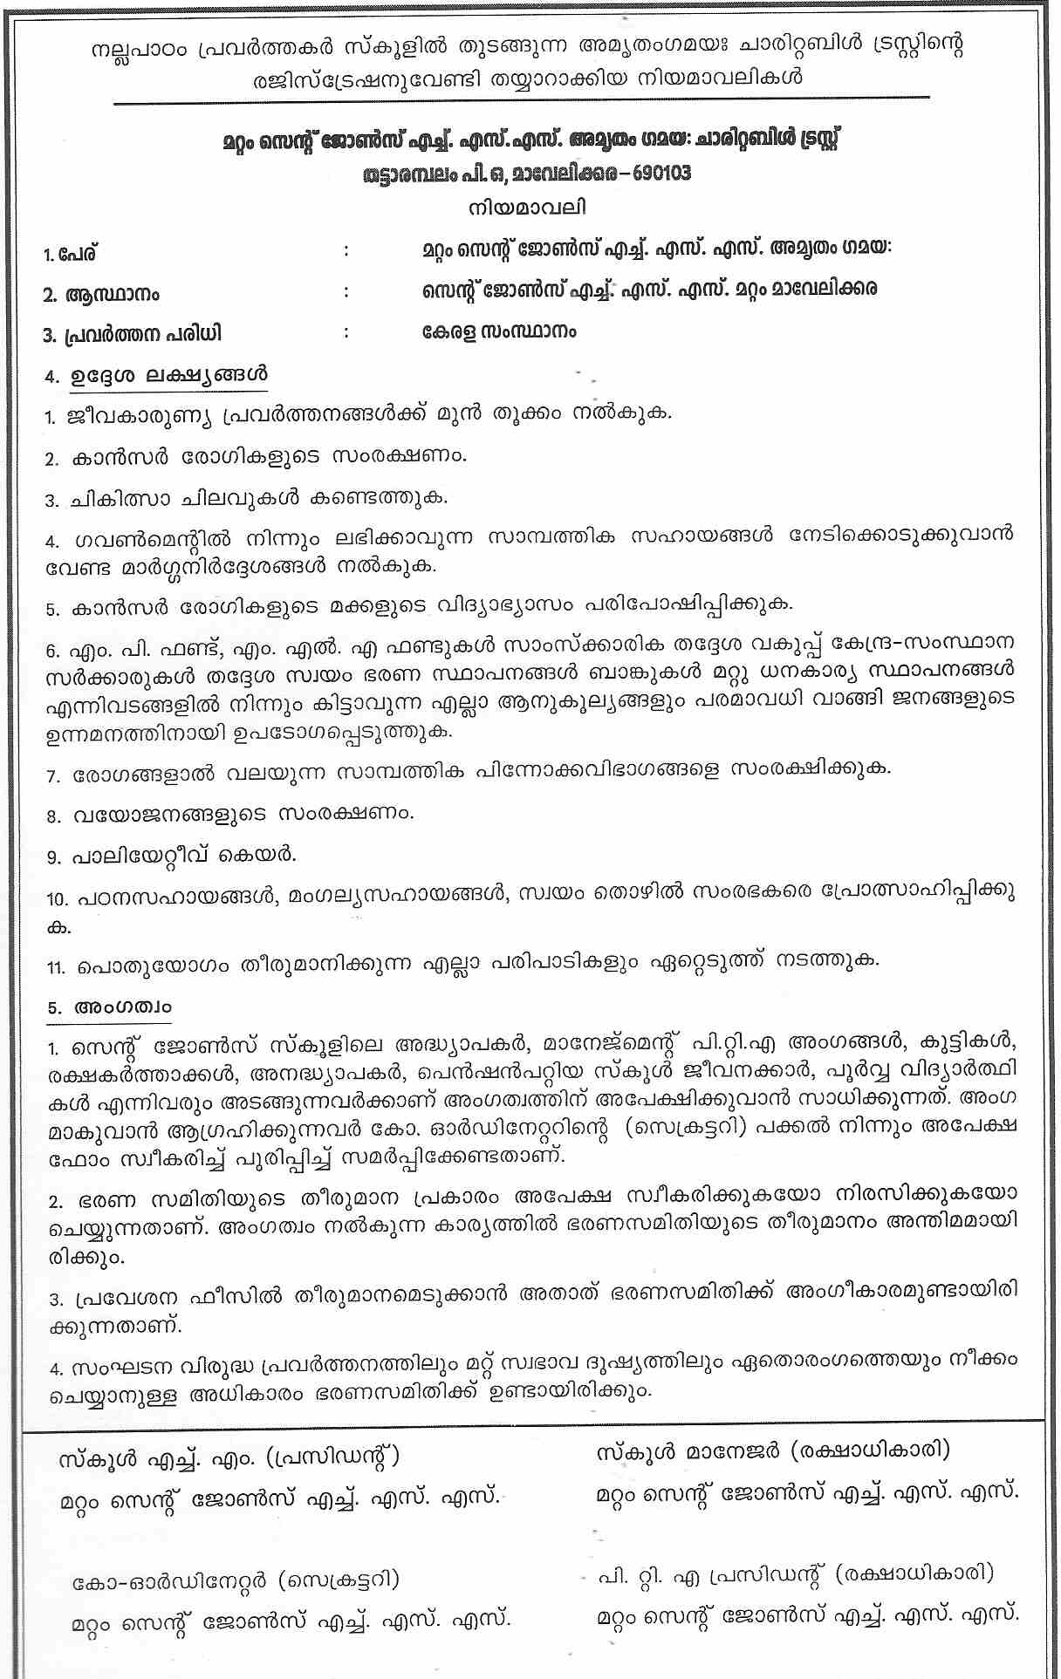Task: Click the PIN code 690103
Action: tap(655, 173)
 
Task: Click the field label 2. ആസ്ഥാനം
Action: tap(100, 295)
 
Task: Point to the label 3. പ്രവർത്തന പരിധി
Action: tap(132, 334)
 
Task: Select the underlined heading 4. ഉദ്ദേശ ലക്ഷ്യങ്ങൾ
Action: tap(156, 376)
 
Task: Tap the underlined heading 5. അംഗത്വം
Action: tap(109, 1007)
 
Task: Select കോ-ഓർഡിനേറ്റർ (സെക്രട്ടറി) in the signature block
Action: tap(236, 1580)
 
